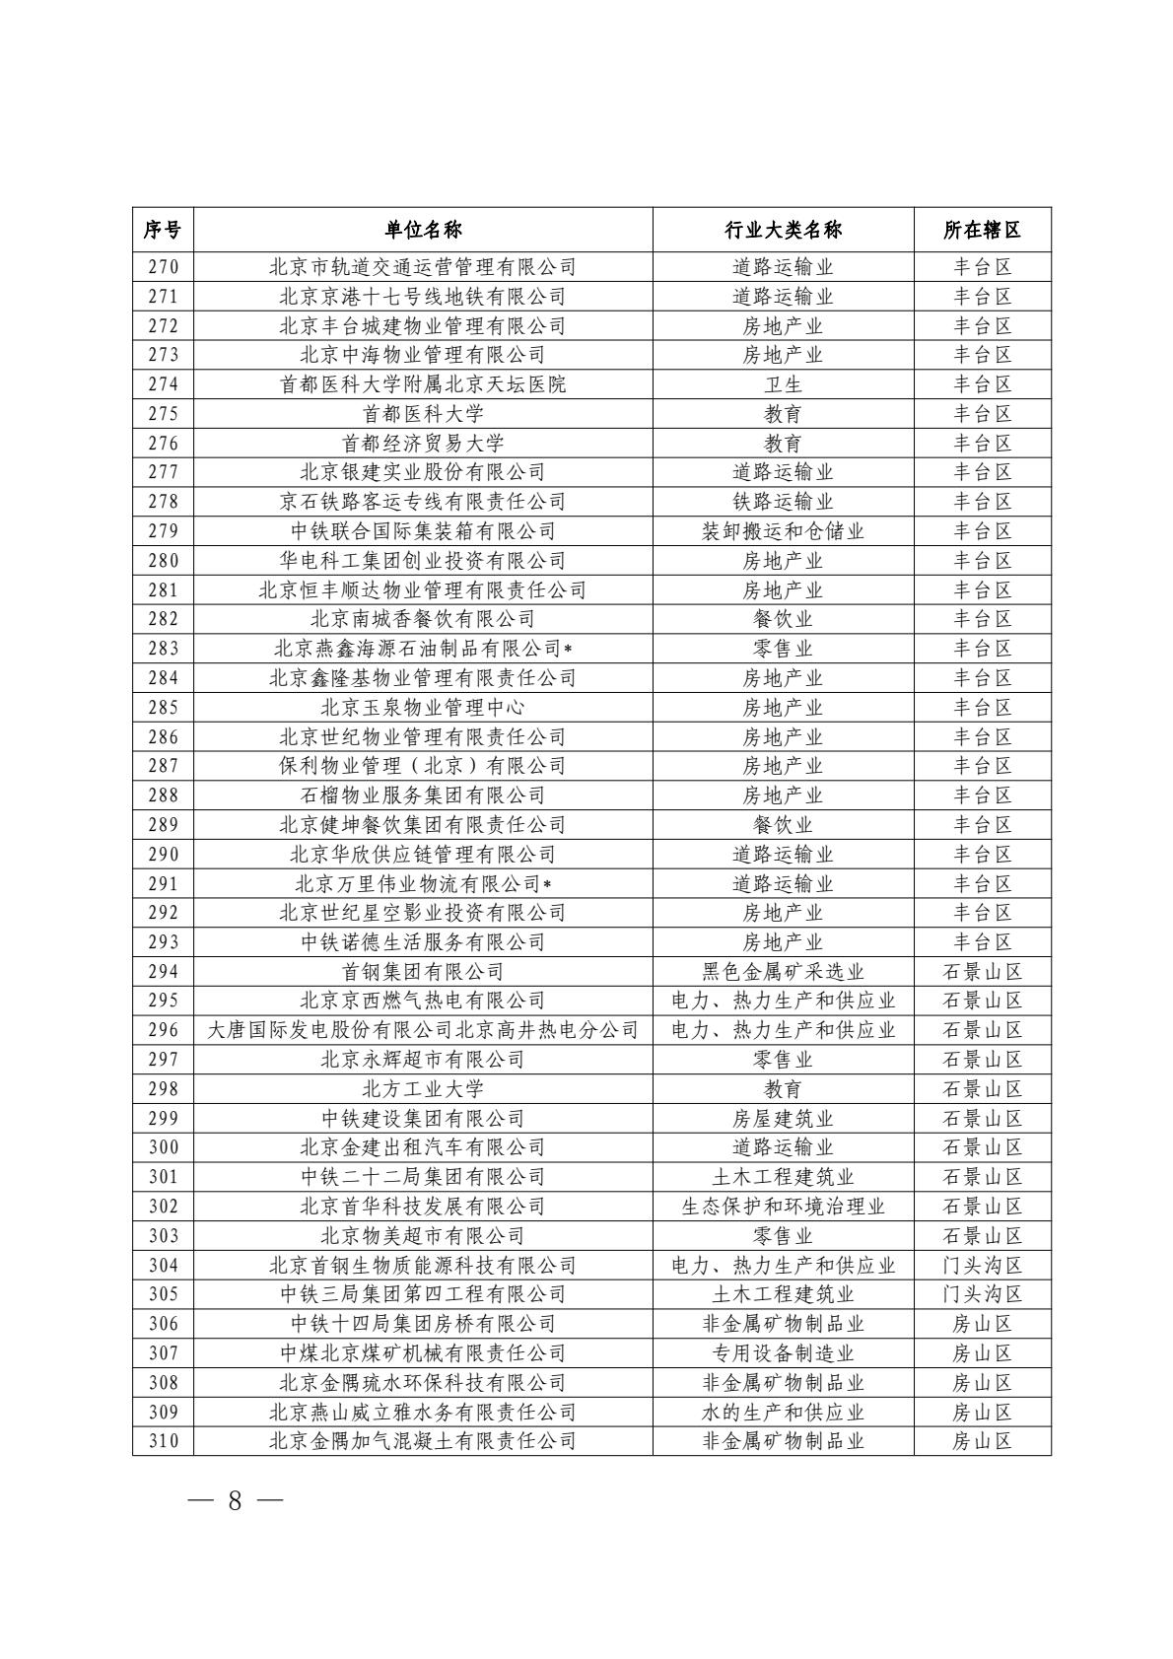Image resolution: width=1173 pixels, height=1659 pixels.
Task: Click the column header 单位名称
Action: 423,230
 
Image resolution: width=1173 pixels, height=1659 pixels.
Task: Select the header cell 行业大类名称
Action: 783,230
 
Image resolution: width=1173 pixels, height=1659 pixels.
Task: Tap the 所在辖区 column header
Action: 982,230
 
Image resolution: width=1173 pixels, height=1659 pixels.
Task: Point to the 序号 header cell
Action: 163,230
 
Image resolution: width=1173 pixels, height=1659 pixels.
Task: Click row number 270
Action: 164,267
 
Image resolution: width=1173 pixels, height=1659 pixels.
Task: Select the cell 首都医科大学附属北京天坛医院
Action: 423,384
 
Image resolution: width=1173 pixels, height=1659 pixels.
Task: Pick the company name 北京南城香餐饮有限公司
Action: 423,619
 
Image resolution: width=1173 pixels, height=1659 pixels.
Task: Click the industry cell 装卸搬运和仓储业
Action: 783,531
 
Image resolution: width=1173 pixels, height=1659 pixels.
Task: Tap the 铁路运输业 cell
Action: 783,502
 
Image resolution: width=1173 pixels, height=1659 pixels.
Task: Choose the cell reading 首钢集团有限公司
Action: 423,972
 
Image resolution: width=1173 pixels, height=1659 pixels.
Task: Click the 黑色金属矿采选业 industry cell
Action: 783,972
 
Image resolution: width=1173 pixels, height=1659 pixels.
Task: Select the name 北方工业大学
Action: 423,1089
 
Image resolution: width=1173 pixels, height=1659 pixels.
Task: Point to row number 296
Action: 164,1030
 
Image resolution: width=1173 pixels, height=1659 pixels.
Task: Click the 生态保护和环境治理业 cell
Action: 783,1207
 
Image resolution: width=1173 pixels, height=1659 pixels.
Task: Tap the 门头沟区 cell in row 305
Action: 982,1294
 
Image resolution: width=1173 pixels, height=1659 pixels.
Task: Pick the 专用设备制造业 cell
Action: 783,1353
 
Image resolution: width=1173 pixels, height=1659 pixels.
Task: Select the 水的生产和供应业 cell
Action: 783,1413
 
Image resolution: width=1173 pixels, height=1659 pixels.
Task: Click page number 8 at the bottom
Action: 235,1500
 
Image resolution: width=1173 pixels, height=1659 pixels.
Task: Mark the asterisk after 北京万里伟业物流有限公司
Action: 547,884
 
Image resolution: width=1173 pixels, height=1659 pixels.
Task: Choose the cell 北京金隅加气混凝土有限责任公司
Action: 423,1441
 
